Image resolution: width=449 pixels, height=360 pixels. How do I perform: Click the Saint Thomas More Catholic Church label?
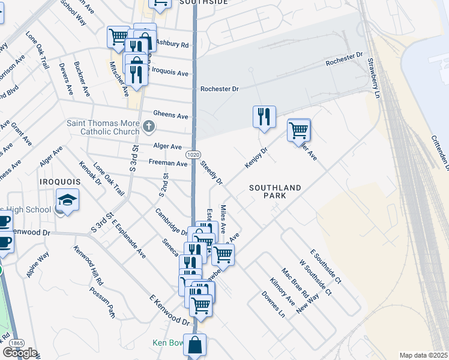pyautogui.click(x=104, y=127)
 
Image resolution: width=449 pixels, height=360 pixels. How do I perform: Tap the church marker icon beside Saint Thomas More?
pyautogui.click(x=149, y=127)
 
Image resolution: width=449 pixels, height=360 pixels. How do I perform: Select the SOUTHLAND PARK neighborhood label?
pyautogui.click(x=276, y=193)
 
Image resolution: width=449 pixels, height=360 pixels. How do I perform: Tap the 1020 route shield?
pyautogui.click(x=193, y=154)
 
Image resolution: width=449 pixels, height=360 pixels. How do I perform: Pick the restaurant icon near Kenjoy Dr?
pyautogui.click(x=264, y=116)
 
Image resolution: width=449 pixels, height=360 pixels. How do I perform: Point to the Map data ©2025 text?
pyautogui.click(x=423, y=355)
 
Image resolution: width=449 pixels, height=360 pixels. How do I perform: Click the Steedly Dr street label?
pyautogui.click(x=211, y=173)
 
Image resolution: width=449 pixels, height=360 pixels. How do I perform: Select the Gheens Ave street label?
pyautogui.click(x=170, y=115)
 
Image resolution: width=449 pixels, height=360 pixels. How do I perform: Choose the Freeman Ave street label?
pyautogui.click(x=169, y=163)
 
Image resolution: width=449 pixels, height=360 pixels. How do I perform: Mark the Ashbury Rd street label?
pyautogui.click(x=172, y=44)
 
